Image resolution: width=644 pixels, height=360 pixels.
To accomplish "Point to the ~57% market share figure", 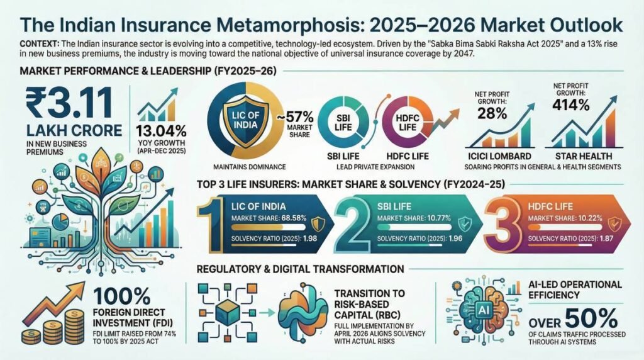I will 299,117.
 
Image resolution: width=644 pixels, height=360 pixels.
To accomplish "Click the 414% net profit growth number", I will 571,104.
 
